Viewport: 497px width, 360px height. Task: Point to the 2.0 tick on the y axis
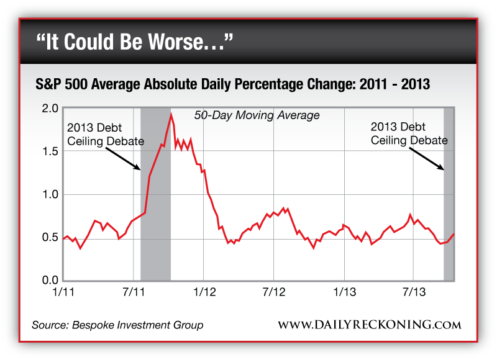click(x=51, y=109)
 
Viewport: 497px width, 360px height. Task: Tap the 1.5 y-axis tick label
click(x=51, y=151)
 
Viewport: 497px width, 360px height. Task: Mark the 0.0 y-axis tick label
click(x=51, y=281)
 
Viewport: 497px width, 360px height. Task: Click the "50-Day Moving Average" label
click(x=257, y=115)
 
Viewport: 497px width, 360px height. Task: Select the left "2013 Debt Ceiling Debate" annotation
click(x=105, y=134)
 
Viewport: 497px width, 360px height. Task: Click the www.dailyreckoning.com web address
click(x=370, y=325)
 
